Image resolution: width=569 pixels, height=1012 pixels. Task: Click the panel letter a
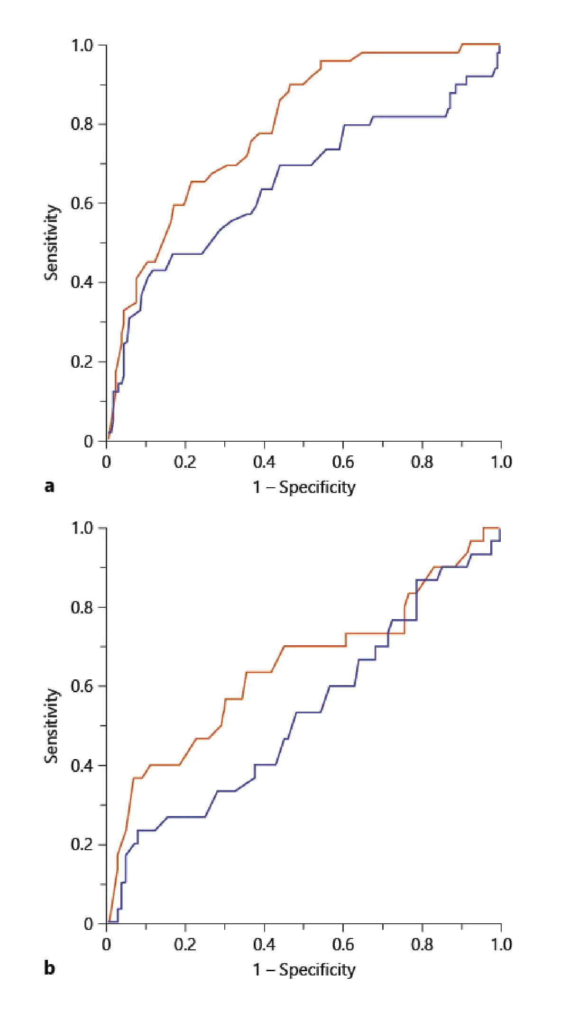[x=49, y=486]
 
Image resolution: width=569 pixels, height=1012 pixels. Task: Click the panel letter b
[x=49, y=968]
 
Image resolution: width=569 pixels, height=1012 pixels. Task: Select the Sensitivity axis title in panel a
[x=52, y=242]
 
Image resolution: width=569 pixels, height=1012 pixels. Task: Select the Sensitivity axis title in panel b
[x=52, y=725]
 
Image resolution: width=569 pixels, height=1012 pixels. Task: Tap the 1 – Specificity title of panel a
[x=304, y=487]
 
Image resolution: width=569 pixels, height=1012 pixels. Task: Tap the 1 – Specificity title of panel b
[x=304, y=969]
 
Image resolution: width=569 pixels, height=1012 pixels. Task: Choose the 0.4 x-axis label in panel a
[x=264, y=462]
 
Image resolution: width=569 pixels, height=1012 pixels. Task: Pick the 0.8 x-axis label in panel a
[x=422, y=462]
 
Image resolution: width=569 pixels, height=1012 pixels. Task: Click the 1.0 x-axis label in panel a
[x=501, y=462]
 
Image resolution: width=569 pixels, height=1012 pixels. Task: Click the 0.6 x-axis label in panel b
[x=343, y=944]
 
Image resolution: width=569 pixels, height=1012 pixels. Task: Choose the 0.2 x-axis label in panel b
[x=185, y=944]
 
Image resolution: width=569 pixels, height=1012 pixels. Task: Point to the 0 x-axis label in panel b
[x=106, y=944]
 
